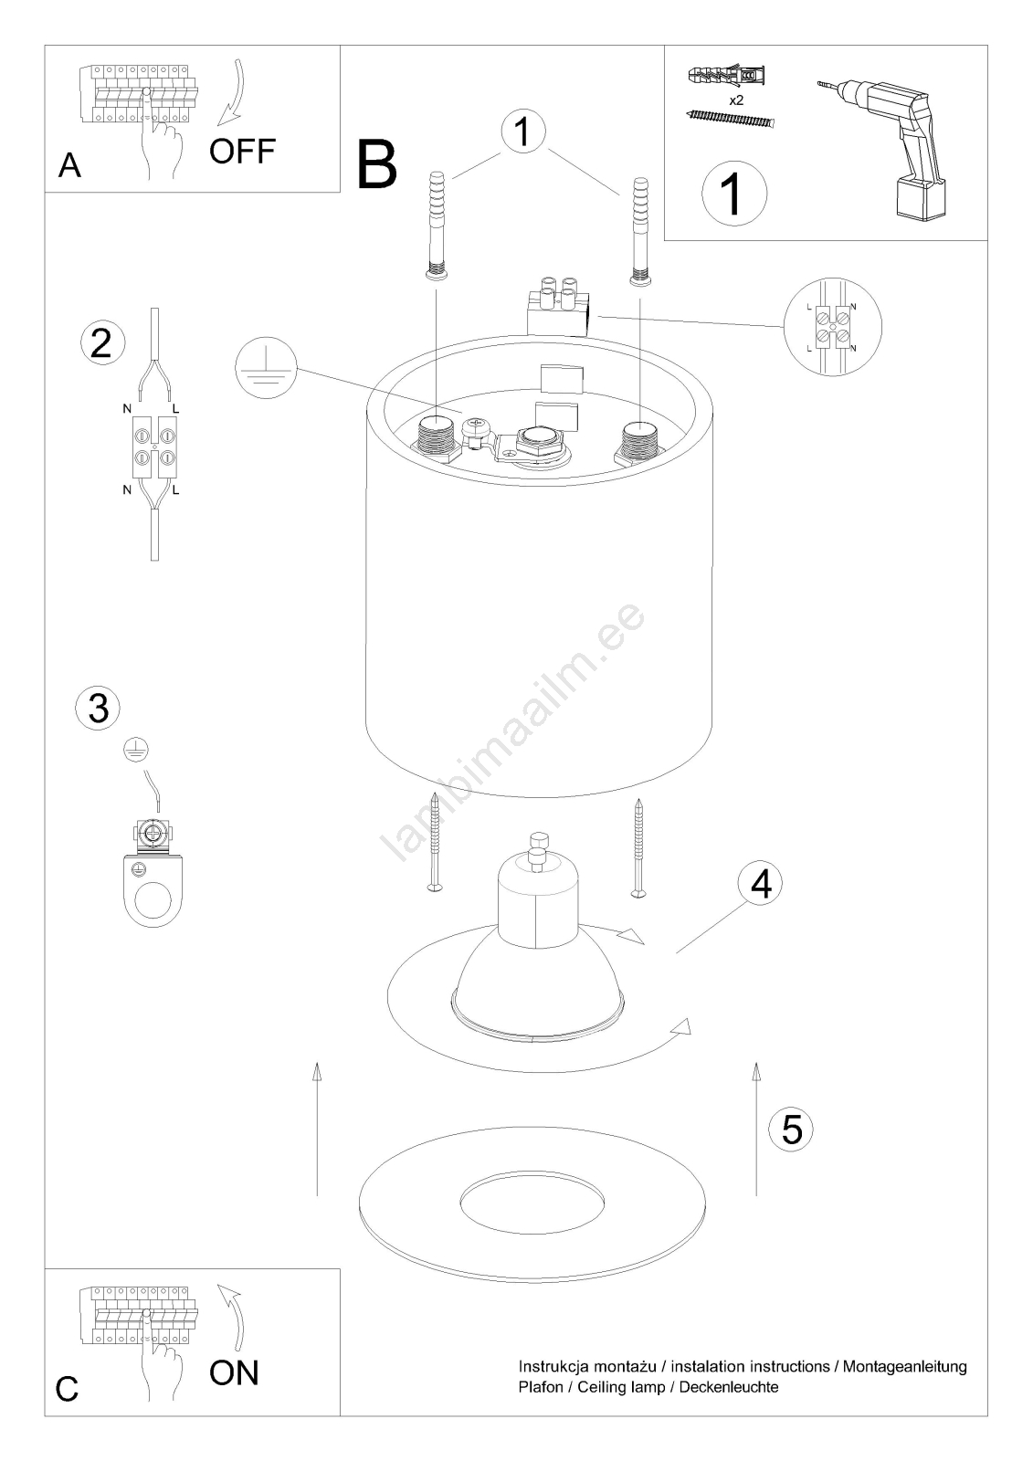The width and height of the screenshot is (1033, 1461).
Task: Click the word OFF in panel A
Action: [242, 151]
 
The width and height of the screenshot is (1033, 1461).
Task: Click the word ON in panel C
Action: [234, 1372]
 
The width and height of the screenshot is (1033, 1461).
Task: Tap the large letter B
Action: [377, 164]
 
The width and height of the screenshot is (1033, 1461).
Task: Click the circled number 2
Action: [100, 342]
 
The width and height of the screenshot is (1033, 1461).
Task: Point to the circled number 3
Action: [98, 708]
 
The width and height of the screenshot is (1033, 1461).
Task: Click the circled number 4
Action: [761, 883]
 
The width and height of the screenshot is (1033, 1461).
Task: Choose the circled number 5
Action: [791, 1129]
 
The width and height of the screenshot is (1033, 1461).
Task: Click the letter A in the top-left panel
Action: [69, 165]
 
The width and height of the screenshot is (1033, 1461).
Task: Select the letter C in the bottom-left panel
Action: [68, 1389]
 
